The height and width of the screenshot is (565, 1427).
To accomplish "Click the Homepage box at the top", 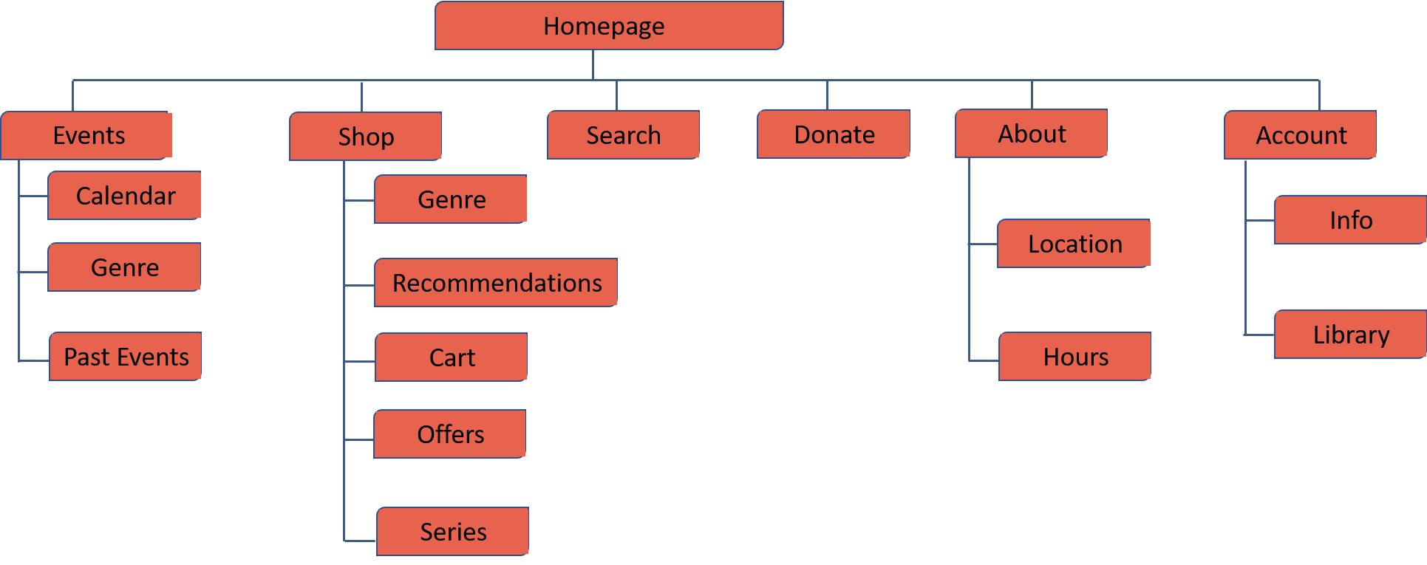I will click(608, 26).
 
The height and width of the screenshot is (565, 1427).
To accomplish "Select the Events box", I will click(86, 135).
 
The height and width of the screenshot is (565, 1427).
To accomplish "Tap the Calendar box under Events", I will click(124, 196).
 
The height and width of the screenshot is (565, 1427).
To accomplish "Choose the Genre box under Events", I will click(124, 267).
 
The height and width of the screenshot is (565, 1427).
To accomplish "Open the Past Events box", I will click(125, 357).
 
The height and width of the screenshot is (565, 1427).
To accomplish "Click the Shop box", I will click(365, 137).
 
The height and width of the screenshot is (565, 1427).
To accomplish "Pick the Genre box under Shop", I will click(451, 199).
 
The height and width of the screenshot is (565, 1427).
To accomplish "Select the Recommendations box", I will click(496, 283).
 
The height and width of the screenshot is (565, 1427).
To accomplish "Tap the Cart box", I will click(451, 357).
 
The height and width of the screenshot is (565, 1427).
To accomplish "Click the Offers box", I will click(450, 434).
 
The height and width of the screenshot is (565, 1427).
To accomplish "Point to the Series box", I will click(452, 532).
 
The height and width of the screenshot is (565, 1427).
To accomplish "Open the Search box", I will click(623, 135).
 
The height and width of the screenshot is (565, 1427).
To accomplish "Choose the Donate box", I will click(834, 134).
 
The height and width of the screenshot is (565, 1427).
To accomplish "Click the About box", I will click(1031, 134).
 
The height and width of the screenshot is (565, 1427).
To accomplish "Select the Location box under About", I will click(1074, 244).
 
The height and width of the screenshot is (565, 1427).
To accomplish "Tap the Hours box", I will click(1074, 357).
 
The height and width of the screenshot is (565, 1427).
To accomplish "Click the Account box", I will click(1300, 135).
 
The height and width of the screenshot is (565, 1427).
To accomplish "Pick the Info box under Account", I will click(1350, 220).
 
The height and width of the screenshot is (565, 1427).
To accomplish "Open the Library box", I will click(1350, 335).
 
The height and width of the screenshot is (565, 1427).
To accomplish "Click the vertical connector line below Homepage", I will click(593, 65).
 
